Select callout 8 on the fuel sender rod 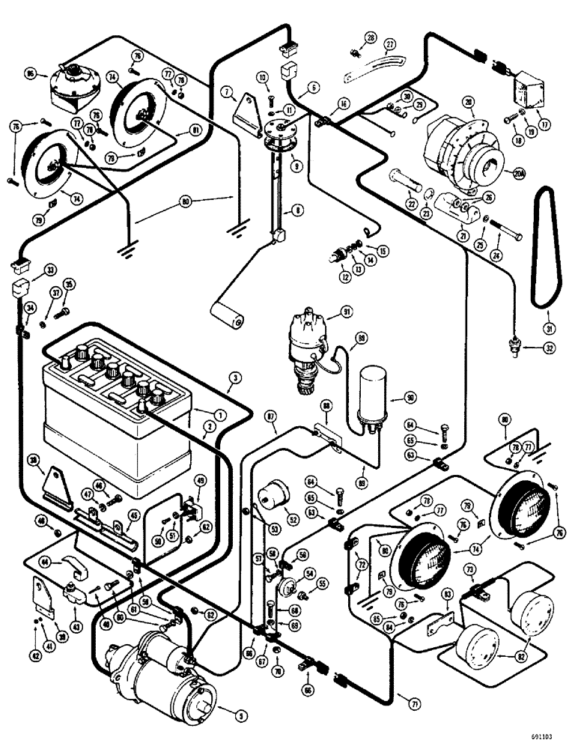(298, 212)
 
